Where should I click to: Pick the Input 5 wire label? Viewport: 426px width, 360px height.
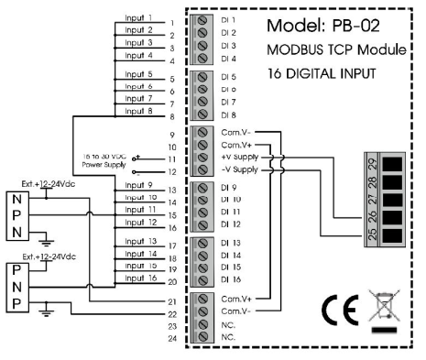[138, 73]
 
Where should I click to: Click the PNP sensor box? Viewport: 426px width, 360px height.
[18, 287]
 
